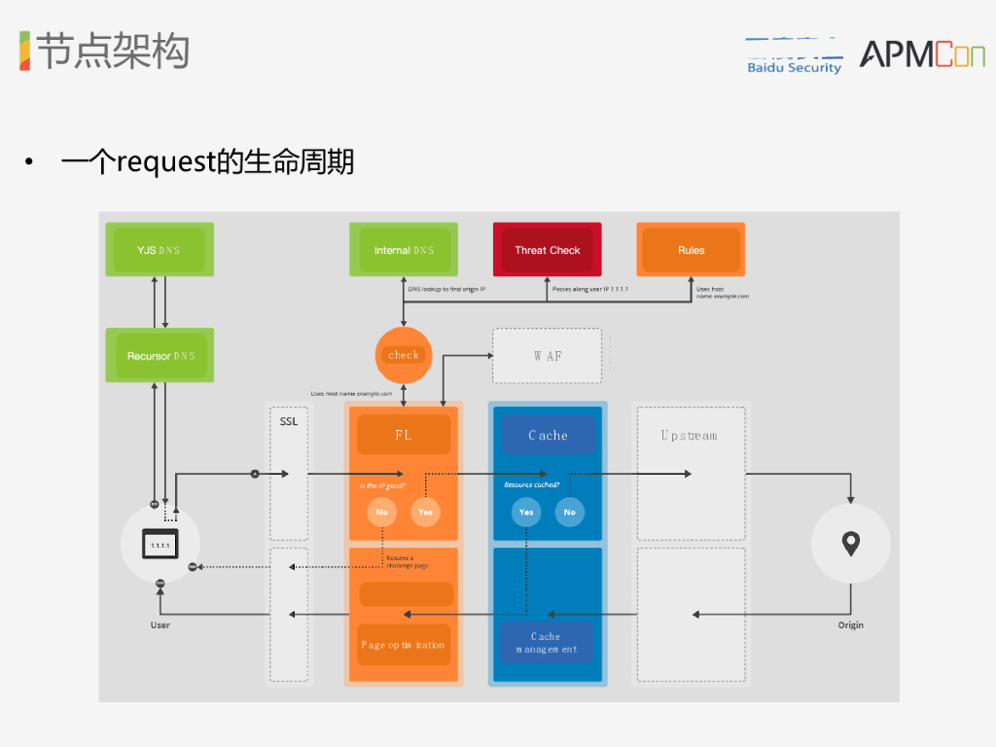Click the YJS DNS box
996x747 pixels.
(x=160, y=250)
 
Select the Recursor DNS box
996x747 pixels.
(x=160, y=356)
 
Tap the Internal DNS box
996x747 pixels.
(x=405, y=250)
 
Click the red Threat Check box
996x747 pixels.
(x=547, y=250)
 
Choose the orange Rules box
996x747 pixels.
(x=691, y=250)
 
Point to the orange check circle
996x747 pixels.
(x=404, y=355)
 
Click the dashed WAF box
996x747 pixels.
(x=548, y=356)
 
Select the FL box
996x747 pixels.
(x=404, y=435)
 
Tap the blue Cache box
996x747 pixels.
(x=548, y=435)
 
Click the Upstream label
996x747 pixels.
(x=690, y=436)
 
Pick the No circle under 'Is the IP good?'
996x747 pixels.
(x=382, y=512)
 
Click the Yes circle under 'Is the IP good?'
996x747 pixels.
(x=425, y=512)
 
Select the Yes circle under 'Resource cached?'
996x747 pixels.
(x=526, y=512)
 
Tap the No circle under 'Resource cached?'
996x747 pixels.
(x=570, y=512)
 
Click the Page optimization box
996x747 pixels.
(x=404, y=644)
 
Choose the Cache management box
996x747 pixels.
(x=547, y=643)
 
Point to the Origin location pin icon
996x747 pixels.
(x=851, y=544)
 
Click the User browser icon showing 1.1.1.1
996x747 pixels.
(x=160, y=545)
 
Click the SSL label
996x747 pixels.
(x=289, y=422)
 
